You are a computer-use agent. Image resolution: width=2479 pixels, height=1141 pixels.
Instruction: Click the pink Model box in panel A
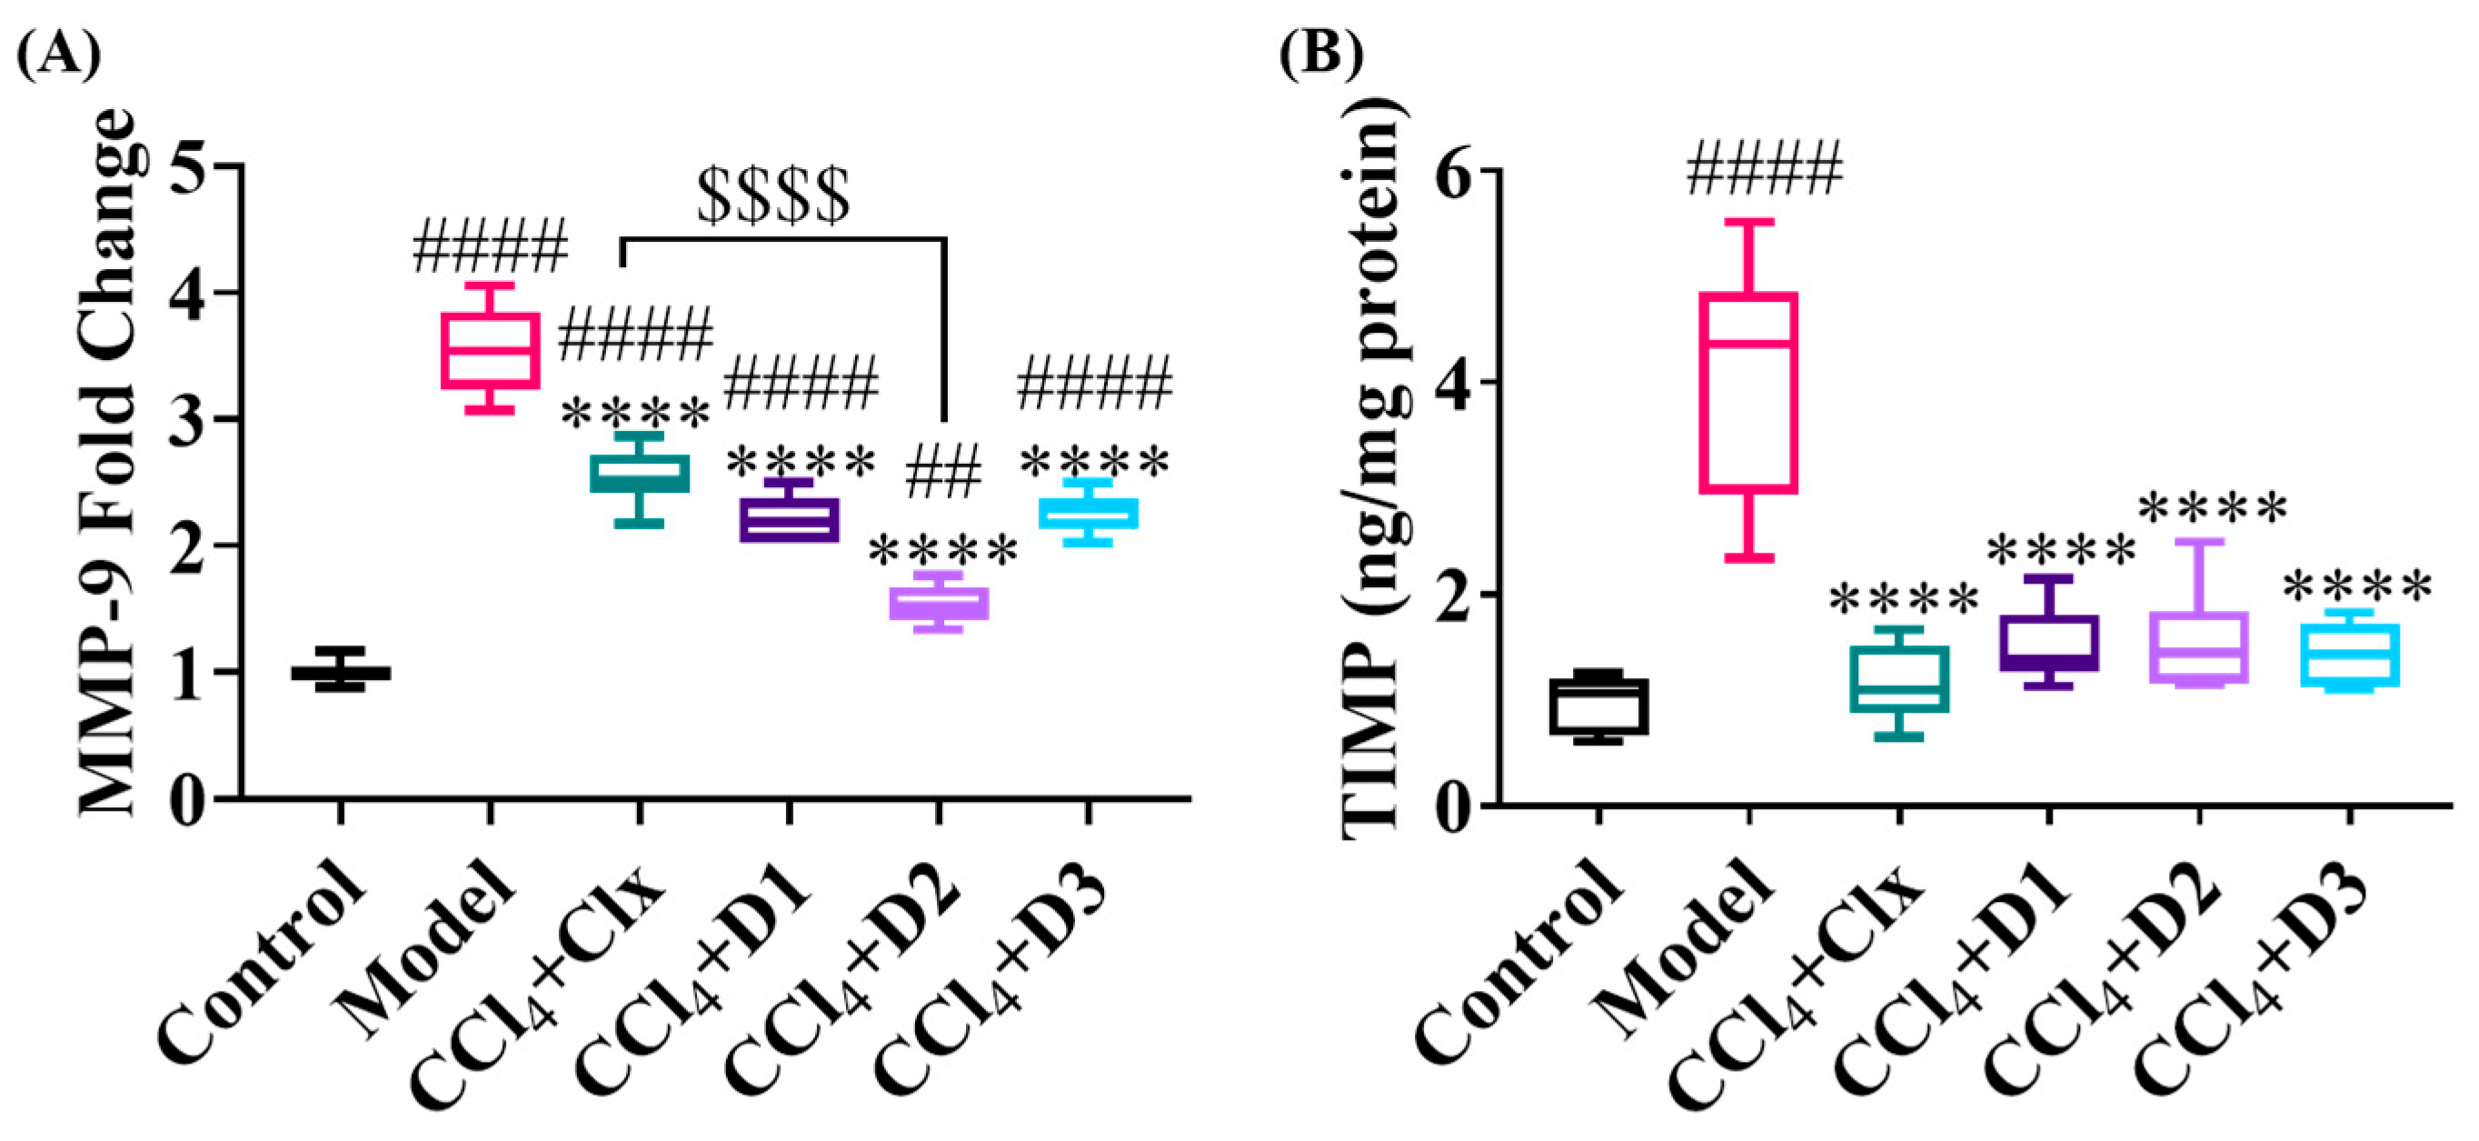coord(490,351)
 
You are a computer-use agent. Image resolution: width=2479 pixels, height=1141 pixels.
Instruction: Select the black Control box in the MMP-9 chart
coord(341,673)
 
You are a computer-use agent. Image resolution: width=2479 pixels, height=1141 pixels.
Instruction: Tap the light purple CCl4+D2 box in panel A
coord(939,603)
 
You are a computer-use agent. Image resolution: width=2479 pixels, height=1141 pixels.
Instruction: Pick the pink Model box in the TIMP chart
coord(1748,393)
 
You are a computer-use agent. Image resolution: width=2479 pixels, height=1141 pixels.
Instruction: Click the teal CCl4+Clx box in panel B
coord(1898,679)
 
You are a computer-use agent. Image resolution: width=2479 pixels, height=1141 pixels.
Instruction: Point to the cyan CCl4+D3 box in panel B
coord(2349,655)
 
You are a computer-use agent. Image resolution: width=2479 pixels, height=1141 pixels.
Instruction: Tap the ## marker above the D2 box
coord(942,472)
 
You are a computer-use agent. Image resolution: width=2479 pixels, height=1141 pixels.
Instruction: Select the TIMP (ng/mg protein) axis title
coord(1369,482)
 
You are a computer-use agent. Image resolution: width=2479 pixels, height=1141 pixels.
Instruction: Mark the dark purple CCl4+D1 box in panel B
coord(2049,643)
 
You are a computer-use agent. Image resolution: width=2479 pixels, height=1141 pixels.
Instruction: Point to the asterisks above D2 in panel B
coord(2212,508)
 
